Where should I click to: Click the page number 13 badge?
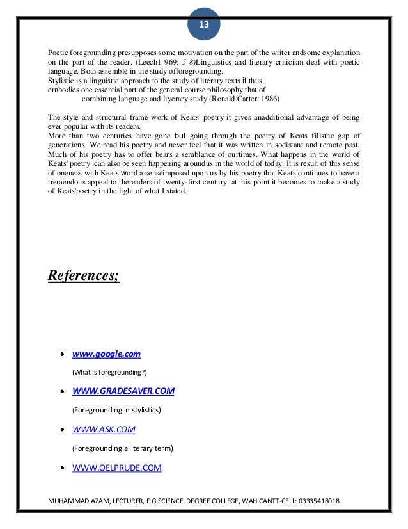(204, 25)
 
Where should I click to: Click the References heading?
(84, 277)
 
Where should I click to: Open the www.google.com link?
(106, 354)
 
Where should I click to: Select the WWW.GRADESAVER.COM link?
(123, 391)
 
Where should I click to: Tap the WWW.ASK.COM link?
(104, 428)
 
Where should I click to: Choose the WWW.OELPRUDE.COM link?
(117, 468)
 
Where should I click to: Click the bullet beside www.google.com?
(63, 354)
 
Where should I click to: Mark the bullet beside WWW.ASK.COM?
(63, 429)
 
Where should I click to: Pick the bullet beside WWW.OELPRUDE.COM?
(63, 468)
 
